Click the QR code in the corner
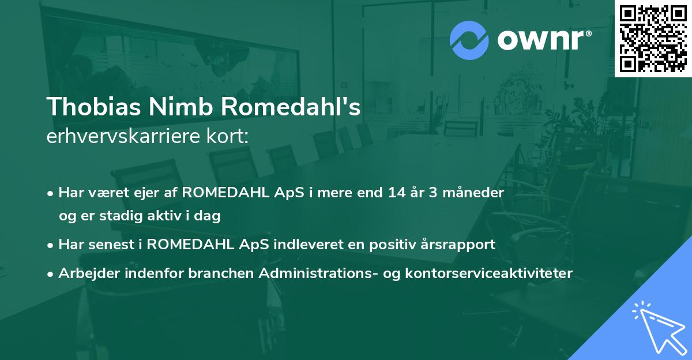click(x=653, y=38)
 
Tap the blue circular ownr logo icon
click(x=470, y=40)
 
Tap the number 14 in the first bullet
click(x=390, y=193)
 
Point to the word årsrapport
click(x=459, y=245)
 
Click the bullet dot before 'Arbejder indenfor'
click(x=51, y=273)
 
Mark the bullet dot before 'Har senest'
click(x=51, y=245)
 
